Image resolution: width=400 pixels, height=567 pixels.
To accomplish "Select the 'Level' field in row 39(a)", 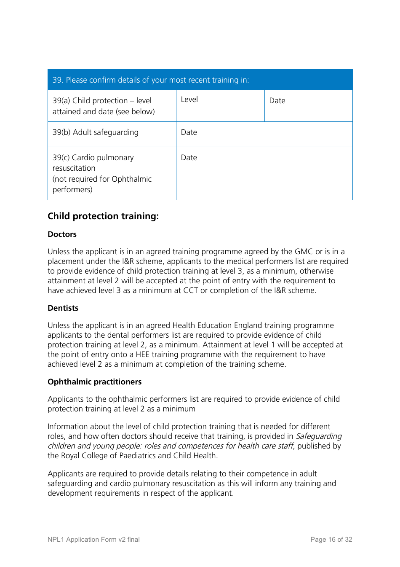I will [220, 106].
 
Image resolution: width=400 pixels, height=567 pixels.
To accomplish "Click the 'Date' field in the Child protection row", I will [308, 106].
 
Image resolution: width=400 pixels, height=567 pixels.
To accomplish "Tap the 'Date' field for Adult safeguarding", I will [264, 134].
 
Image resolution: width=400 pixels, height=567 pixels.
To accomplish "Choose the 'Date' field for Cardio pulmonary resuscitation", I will [264, 173].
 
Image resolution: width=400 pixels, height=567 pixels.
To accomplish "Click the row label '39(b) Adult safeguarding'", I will [96, 132].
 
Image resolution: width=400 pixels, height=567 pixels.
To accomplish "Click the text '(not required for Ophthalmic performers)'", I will [102, 184].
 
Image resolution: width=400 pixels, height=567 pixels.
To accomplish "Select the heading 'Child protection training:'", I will [103, 216].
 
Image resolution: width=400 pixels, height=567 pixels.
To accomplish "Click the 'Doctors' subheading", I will [62, 234].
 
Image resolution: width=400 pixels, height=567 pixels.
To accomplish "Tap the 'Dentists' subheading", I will [63, 308].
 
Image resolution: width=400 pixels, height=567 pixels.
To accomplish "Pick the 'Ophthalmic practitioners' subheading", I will [94, 382].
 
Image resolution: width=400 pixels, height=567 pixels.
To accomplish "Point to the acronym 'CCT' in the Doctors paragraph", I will [190, 290].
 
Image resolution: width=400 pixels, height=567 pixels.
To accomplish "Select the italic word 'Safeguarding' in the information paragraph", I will [319, 436].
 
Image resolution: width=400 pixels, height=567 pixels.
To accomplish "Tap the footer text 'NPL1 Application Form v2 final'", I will [93, 540].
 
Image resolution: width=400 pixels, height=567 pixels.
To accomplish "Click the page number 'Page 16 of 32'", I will [331, 540].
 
